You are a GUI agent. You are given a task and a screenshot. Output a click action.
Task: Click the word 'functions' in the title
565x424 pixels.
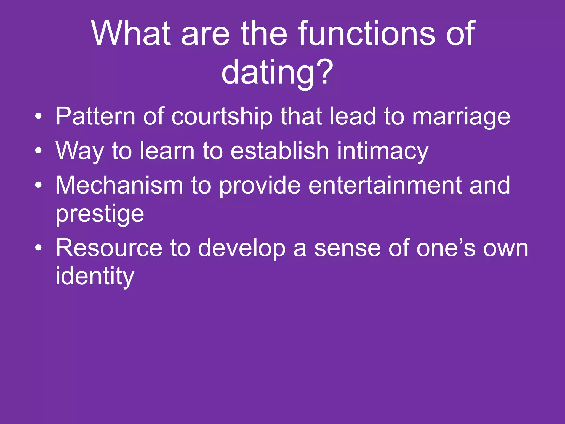click(368, 34)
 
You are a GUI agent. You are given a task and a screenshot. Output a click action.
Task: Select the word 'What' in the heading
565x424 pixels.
click(131, 34)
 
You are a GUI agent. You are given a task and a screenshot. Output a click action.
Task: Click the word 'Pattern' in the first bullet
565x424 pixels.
click(95, 117)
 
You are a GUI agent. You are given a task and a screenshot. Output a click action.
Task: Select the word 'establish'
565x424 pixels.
click(279, 151)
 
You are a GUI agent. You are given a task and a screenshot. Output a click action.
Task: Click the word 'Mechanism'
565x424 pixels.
click(119, 185)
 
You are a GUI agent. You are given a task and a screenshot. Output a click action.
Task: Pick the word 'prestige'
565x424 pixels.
click(100, 215)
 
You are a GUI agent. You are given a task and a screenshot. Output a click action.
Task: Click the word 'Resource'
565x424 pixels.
click(109, 248)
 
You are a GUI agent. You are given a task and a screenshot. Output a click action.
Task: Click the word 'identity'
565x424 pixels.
click(95, 277)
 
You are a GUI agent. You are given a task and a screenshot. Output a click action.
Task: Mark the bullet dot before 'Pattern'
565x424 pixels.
click(39, 117)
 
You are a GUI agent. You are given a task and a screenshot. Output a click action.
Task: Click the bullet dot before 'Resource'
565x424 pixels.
click(39, 248)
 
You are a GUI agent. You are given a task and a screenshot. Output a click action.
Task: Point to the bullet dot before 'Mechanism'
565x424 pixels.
click(39, 185)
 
